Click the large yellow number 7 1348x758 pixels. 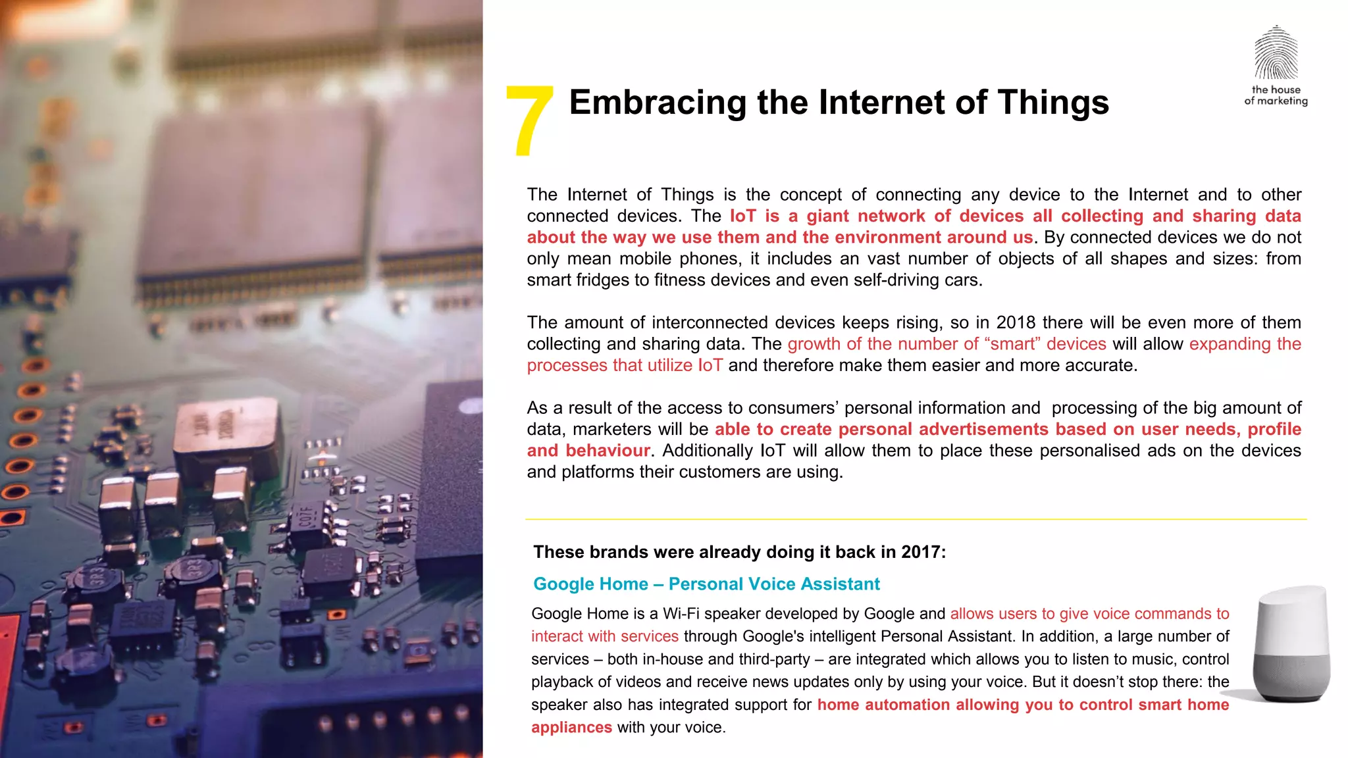[529, 122]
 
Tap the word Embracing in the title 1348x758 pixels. [657, 103]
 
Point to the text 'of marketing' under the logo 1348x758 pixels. [1276, 101]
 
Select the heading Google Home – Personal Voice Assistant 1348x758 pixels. [706, 584]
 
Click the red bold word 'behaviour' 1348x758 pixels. [608, 451]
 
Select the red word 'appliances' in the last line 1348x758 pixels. [571, 728]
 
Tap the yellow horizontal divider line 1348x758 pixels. [916, 519]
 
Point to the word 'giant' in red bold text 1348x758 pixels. [828, 216]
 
